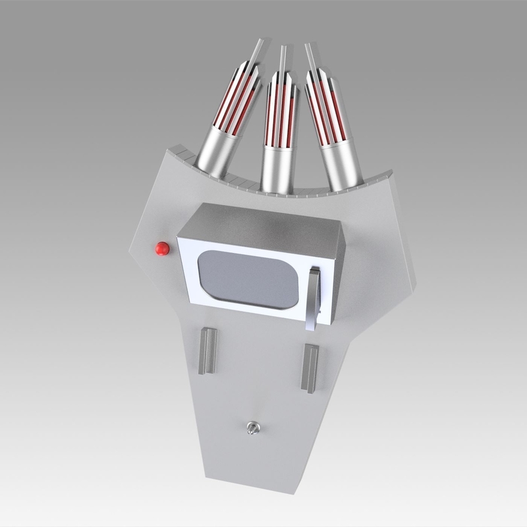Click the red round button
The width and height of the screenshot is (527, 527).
pos(161,249)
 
